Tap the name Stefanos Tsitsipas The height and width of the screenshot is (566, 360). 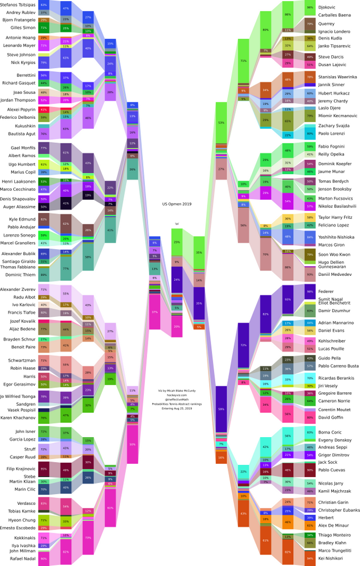point(19,4)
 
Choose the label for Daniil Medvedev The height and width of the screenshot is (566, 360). point(334,274)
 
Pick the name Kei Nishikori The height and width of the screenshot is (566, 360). point(331,559)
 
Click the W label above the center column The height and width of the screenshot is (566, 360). point(177,224)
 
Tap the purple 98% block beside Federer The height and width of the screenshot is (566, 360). point(310,291)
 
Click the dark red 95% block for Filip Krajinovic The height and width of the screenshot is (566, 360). point(44,469)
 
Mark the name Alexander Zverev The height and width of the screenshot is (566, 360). point(18,289)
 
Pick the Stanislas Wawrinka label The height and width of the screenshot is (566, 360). point(336,77)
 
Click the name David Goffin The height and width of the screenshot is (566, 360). point(331,418)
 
